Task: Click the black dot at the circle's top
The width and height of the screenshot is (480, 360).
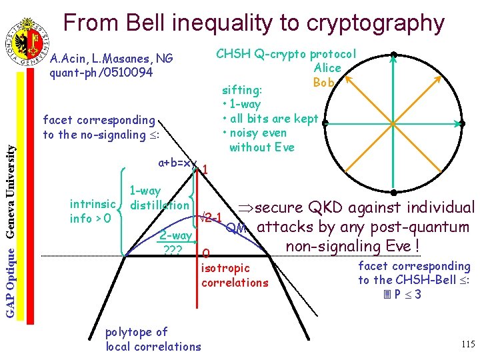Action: click(x=394, y=55)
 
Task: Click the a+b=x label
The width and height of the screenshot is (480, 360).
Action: click(x=175, y=163)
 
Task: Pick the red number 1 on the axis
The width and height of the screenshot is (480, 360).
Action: click(x=205, y=170)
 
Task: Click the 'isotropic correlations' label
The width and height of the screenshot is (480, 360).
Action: click(x=234, y=275)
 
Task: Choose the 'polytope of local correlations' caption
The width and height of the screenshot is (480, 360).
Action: click(x=153, y=339)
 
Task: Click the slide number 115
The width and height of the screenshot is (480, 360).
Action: click(x=467, y=344)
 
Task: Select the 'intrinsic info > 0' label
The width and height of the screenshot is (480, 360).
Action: click(x=93, y=210)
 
